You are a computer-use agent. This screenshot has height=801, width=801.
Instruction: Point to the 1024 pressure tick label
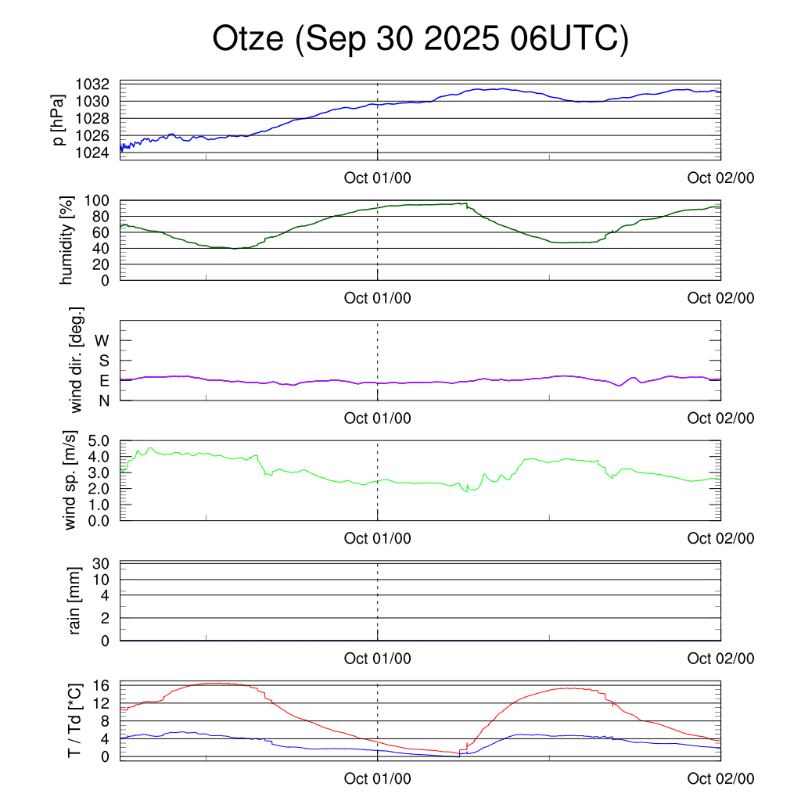click(x=92, y=153)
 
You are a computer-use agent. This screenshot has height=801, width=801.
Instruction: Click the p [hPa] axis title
click(x=59, y=119)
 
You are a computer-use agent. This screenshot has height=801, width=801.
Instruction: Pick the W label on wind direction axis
click(x=102, y=340)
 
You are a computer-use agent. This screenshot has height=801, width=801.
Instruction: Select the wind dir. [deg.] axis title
click(x=77, y=360)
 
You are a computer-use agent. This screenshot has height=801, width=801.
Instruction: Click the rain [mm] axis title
click(x=75, y=601)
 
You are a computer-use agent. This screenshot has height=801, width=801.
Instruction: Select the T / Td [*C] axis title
click(x=74, y=720)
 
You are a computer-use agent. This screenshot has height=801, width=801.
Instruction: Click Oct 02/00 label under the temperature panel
click(x=720, y=779)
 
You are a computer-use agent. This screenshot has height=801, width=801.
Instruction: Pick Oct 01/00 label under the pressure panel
click(x=377, y=178)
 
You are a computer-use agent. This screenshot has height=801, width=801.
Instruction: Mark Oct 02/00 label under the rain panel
click(x=720, y=659)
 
